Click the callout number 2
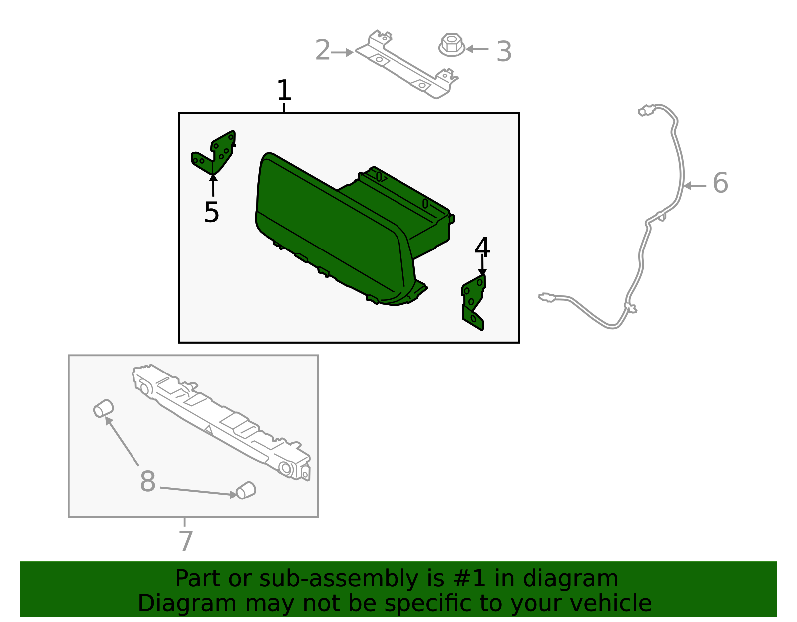point(323,50)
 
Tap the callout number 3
point(504,52)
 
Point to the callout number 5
point(212,212)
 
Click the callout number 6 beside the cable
point(720,183)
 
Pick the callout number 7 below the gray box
point(186,541)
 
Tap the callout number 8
point(148,481)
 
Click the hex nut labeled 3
point(452,45)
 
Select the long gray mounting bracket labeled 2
point(407,66)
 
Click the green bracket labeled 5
point(215,154)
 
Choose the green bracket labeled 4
point(473,303)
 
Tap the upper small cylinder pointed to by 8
point(104,409)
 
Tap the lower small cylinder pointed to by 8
point(246,491)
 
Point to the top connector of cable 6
point(646,110)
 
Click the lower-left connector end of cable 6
point(547,297)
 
